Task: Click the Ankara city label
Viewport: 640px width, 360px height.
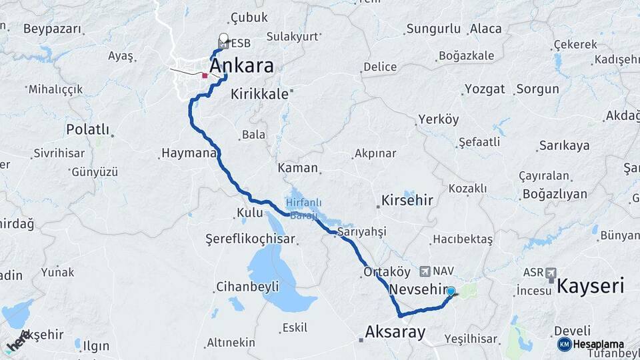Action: pyautogui.click(x=241, y=66)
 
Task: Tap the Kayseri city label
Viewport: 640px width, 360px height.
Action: pyautogui.click(x=590, y=287)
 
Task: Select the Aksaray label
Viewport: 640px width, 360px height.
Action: pyautogui.click(x=395, y=331)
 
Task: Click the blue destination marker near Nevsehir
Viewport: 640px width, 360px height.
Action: pyautogui.click(x=451, y=291)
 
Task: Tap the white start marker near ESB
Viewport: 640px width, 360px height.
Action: pyautogui.click(x=223, y=39)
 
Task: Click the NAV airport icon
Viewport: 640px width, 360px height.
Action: pyautogui.click(x=425, y=271)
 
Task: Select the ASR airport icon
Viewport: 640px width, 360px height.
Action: pyautogui.click(x=550, y=273)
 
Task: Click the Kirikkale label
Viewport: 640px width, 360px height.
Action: pyautogui.click(x=259, y=95)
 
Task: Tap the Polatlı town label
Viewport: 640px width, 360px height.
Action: pyautogui.click(x=87, y=129)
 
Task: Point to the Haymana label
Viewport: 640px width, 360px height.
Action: pyautogui.click(x=189, y=154)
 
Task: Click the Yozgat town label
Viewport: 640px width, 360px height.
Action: pyautogui.click(x=485, y=89)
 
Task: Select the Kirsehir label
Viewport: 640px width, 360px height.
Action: pyautogui.click(x=407, y=200)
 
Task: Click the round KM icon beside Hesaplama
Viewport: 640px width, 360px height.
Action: pyautogui.click(x=564, y=344)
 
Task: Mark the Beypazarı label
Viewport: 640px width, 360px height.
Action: pyautogui.click(x=52, y=29)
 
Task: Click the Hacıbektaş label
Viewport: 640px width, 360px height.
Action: pyautogui.click(x=463, y=239)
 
